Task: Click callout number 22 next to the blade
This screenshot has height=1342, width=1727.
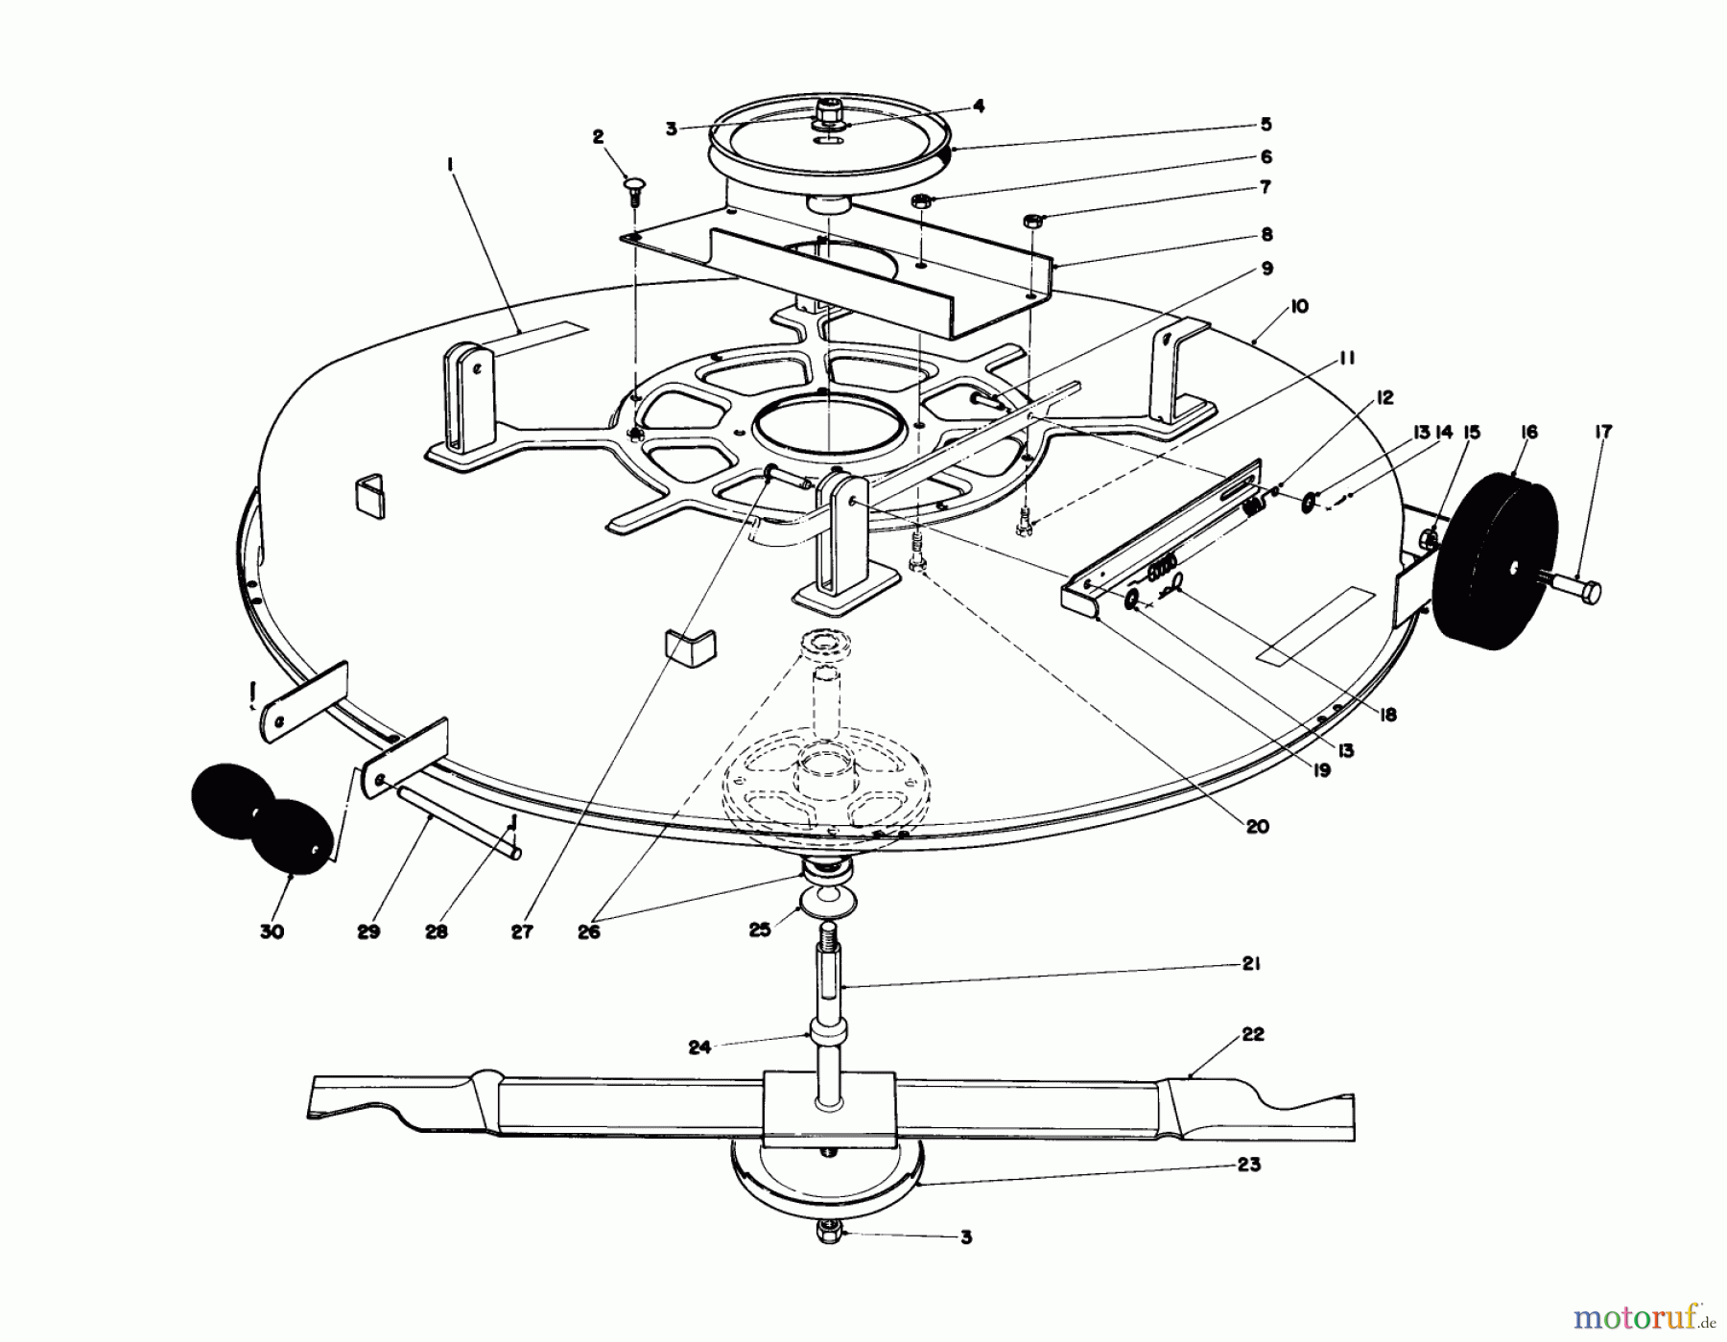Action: pyautogui.click(x=1253, y=1034)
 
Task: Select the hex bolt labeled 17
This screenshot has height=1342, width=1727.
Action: pyautogui.click(x=1573, y=586)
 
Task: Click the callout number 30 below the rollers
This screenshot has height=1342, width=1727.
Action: pyautogui.click(x=272, y=931)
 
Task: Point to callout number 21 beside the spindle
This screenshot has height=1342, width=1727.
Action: pyautogui.click(x=1250, y=964)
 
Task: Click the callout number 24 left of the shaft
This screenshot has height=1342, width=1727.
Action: pyautogui.click(x=699, y=1048)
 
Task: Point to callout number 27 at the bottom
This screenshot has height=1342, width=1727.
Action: pyautogui.click(x=522, y=931)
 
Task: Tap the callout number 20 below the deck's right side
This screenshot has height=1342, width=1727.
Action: pyautogui.click(x=1257, y=826)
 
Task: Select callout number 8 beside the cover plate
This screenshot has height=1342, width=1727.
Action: pyautogui.click(x=1266, y=234)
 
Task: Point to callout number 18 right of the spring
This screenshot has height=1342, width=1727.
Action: pyautogui.click(x=1387, y=715)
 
